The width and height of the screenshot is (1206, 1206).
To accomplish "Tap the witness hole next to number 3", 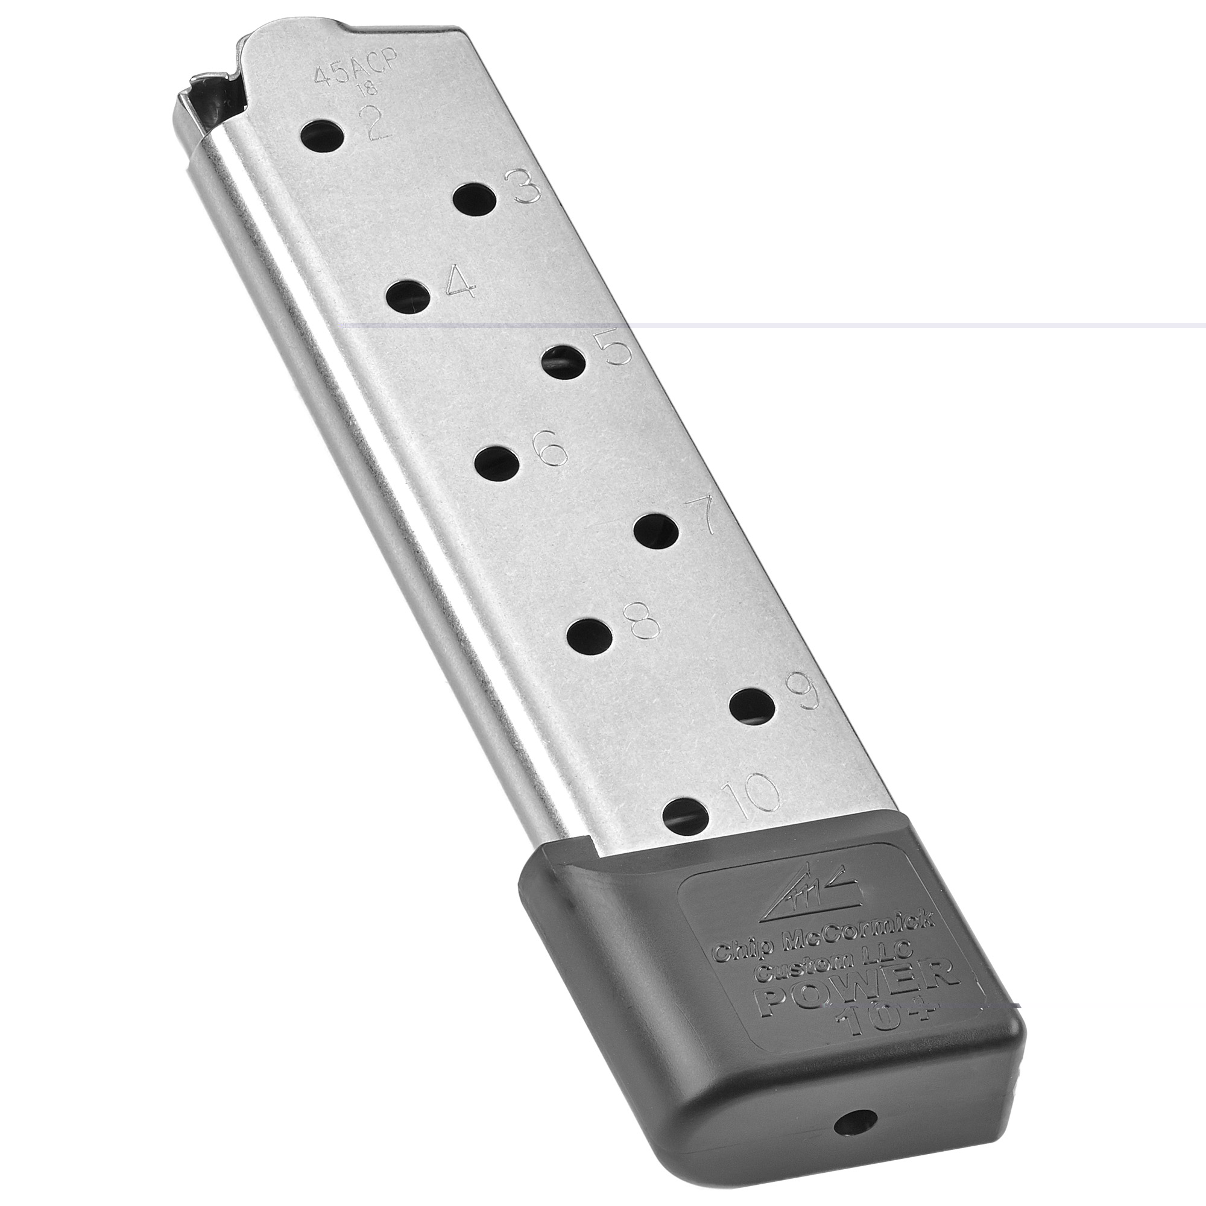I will click(x=475, y=200).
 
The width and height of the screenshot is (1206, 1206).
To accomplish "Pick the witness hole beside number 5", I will click(x=564, y=362).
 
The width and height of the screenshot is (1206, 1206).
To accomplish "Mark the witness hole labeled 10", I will click(x=686, y=815).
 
